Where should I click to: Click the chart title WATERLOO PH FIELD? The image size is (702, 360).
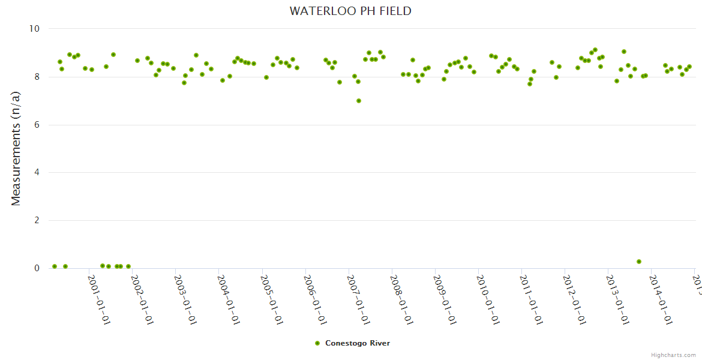350,11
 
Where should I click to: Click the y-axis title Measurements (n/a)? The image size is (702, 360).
16,148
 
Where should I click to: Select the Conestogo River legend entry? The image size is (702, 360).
357,343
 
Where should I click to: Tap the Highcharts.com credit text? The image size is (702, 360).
673,355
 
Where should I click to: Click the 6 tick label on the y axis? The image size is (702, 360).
36,125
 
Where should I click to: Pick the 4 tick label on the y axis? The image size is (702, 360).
36,173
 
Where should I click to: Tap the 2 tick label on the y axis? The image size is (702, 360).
36,220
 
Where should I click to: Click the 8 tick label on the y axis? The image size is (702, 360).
36,77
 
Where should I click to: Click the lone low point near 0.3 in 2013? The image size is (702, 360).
639,262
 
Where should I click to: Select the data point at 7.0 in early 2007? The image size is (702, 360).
359,101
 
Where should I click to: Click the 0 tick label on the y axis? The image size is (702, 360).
36,268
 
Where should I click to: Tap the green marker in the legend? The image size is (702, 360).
317,343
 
